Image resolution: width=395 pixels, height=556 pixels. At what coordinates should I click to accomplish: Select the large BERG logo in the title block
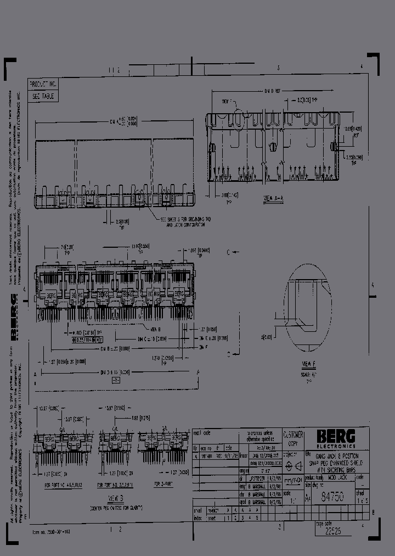pyautogui.click(x=336, y=437)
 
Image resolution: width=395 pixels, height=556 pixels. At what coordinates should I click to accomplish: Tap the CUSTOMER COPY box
pyautogui.click(x=294, y=438)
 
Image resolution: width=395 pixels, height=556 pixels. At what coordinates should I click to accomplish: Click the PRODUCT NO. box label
pyautogui.click(x=43, y=85)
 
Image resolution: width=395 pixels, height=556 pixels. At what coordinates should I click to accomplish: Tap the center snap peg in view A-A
pyautogui.click(x=273, y=147)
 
